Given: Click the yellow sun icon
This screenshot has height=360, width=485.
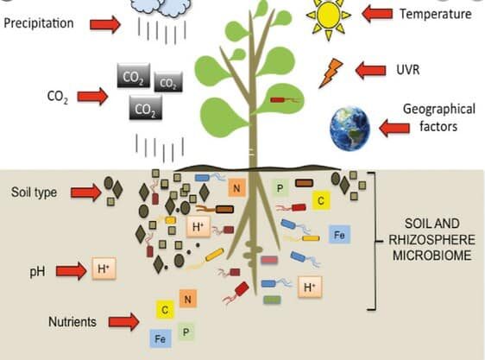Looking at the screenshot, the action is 329,15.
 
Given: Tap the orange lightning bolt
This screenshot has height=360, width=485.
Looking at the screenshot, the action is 331,73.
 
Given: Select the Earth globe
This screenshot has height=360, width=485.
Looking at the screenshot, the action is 350,129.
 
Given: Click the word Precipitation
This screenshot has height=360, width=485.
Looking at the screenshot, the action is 39,23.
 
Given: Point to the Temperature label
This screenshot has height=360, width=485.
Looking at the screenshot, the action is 436,14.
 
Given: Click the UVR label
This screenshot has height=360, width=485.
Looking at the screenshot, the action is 408,70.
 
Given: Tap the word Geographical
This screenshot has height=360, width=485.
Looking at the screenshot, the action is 439,110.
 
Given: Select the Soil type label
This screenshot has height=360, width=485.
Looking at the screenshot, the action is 34,193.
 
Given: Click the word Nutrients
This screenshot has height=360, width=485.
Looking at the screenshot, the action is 72,322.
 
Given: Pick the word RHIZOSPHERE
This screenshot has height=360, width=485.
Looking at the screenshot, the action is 431,240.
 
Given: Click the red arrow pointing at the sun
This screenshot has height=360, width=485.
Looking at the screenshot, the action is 377,14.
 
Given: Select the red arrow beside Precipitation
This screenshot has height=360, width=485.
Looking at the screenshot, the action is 105,24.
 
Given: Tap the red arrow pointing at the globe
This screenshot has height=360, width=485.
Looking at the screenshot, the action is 394,128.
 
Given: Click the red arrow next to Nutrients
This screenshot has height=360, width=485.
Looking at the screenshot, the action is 124,322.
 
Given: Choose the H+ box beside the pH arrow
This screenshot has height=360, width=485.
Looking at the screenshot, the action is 104,268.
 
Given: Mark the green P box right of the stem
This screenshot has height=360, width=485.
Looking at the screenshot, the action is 280,188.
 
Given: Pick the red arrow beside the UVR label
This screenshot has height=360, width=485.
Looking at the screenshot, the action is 370,70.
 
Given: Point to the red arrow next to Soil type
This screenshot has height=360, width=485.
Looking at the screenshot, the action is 86,193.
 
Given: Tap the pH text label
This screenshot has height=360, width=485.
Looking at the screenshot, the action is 37,272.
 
